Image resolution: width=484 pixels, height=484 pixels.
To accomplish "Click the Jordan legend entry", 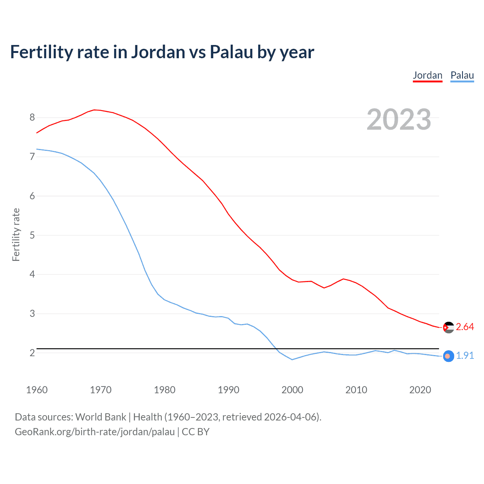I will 427,75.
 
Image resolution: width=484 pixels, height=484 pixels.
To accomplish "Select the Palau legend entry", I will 462,75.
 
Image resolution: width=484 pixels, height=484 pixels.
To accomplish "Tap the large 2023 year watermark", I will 399,119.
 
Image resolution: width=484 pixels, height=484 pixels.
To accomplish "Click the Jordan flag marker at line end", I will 448,327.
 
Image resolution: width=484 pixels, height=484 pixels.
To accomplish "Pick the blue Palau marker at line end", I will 448,356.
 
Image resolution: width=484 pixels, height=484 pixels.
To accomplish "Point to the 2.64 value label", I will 465,327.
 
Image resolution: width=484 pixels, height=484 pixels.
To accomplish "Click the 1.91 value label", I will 465,355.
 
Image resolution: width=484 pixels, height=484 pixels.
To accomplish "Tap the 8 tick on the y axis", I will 32,117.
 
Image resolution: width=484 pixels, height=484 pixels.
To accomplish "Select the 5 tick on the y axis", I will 32,235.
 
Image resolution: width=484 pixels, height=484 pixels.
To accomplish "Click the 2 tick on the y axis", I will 32,353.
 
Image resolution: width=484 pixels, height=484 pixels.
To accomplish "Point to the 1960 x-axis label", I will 37,390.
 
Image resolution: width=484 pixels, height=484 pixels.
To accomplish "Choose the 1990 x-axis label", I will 228,390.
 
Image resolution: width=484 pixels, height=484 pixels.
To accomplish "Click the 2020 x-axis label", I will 420,390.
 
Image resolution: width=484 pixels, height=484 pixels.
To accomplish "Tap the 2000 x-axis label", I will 292,390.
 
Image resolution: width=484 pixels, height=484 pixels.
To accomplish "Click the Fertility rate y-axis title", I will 16,234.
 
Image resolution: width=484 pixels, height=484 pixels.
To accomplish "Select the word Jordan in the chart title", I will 158,52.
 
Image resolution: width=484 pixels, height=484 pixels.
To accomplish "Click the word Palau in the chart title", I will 231,52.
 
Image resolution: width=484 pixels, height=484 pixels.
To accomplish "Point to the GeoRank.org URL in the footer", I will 95,432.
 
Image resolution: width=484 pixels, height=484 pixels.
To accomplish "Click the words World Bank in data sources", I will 101,417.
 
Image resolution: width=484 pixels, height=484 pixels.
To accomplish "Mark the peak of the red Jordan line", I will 95,110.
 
